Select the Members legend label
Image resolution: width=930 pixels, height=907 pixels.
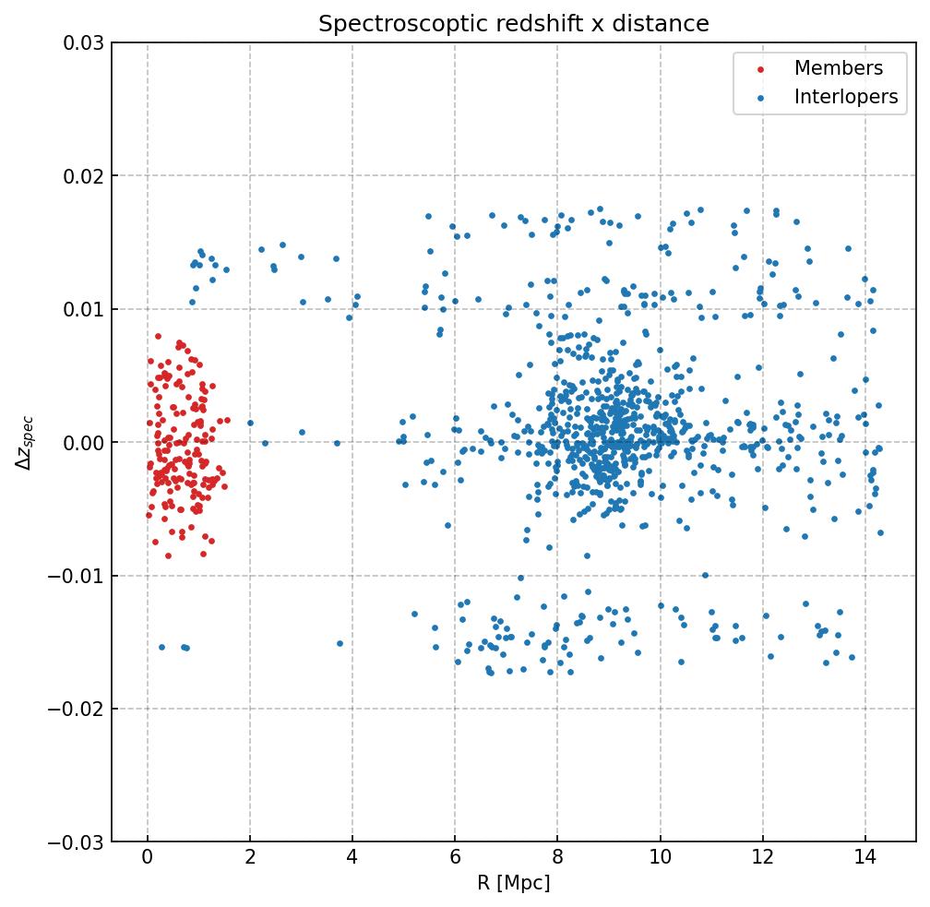838,68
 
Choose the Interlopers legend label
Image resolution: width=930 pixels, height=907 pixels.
845,97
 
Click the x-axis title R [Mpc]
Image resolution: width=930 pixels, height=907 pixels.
513,883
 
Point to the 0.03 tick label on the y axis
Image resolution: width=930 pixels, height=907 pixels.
82,43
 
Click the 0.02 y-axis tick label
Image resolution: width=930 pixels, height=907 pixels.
82,176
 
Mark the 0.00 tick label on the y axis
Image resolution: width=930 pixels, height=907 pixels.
82,443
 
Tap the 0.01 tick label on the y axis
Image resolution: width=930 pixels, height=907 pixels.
82,309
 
